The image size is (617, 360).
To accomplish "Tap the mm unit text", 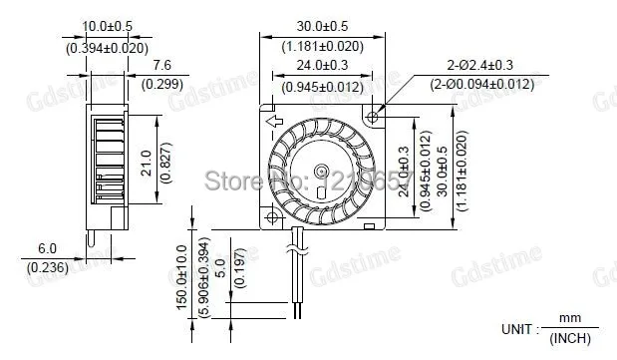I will [569, 318].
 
